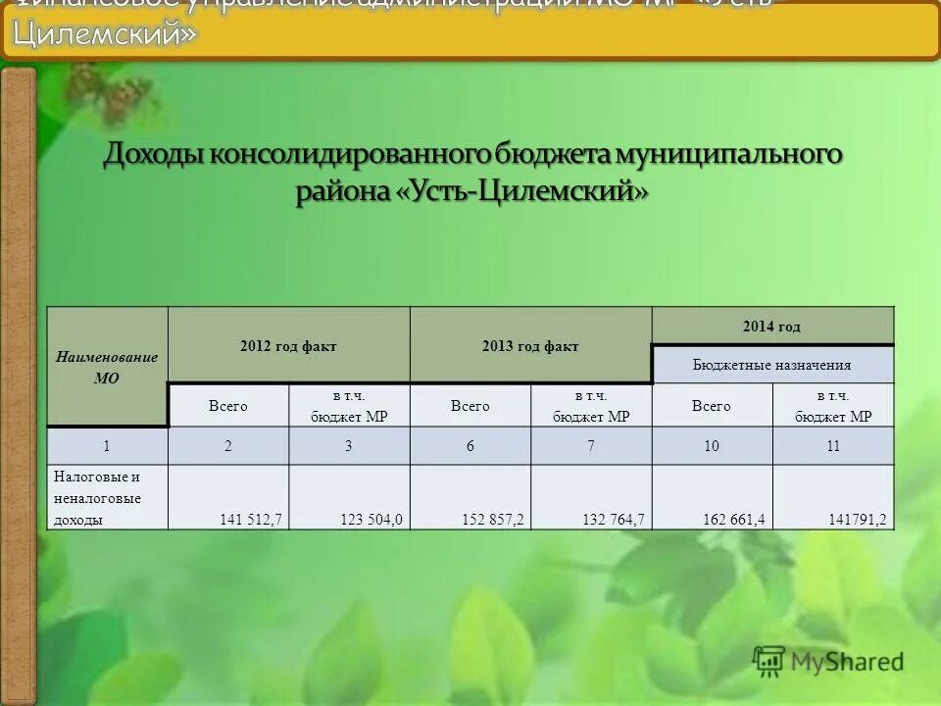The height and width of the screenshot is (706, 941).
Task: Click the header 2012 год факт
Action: pos(288,346)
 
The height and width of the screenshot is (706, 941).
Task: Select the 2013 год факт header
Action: pos(530,346)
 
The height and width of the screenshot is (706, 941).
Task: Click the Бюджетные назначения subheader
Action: pos(772,365)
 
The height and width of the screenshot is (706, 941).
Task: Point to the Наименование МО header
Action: pos(107,368)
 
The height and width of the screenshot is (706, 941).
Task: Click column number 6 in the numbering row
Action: pos(470,446)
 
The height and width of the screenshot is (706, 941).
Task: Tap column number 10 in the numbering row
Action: pos(712,446)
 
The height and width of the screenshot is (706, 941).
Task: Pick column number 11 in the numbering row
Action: pos(833,446)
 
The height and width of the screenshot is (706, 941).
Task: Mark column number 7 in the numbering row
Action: pos(591,446)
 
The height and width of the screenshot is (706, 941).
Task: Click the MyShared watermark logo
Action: pos(828,662)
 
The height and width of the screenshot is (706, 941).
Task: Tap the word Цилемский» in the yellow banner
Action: pos(106,35)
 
